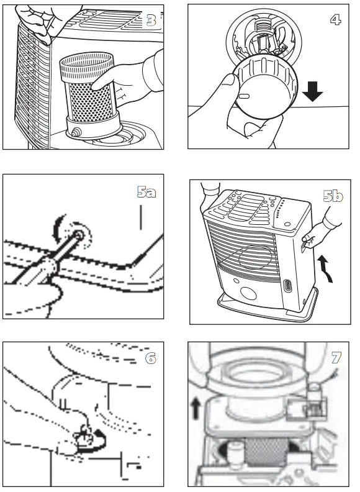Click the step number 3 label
(151, 20)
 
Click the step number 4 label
(336, 20)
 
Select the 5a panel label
(146, 191)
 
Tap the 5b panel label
(333, 196)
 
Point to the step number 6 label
(151, 358)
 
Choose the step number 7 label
(336, 357)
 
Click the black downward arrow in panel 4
(313, 91)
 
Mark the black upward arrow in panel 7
(196, 408)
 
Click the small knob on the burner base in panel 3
(76, 132)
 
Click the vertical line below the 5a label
(141, 217)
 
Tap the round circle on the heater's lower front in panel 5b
(248, 293)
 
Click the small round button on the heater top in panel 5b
(287, 224)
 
